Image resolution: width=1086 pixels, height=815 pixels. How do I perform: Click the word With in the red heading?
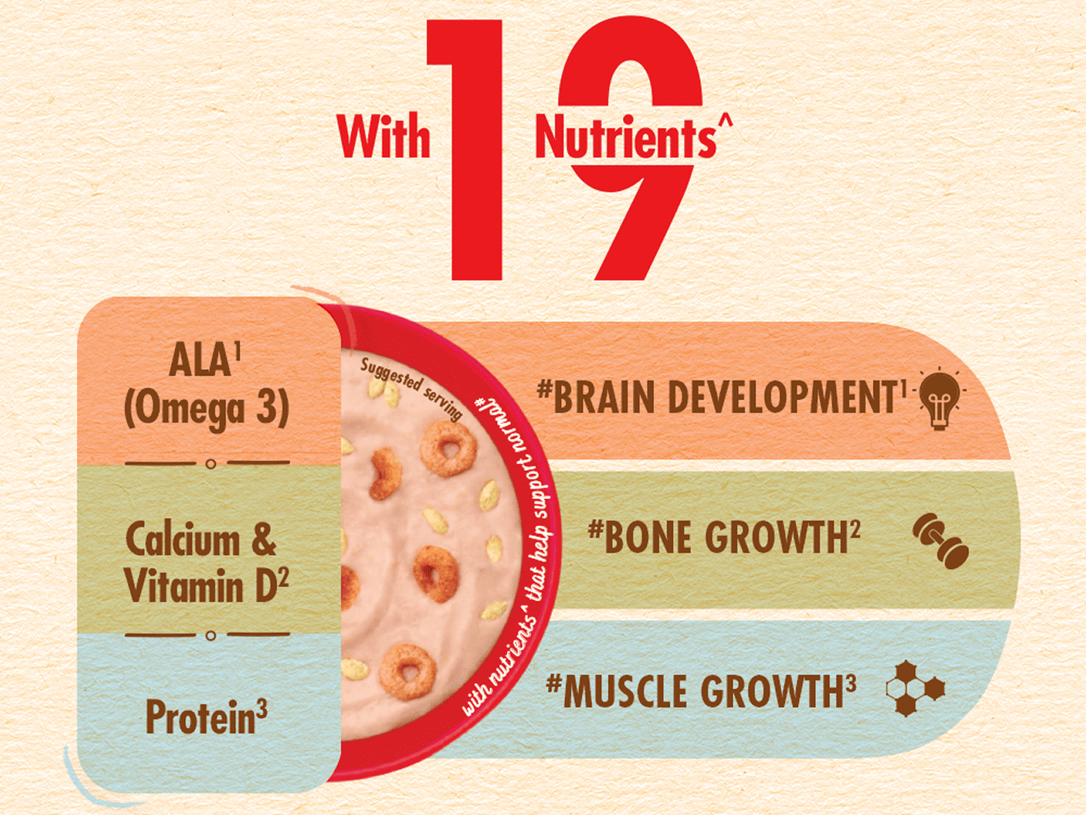pyautogui.click(x=383, y=137)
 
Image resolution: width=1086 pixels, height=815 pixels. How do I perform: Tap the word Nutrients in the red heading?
pyautogui.click(x=625, y=138)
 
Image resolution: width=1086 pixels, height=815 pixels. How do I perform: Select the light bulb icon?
pyautogui.click(x=939, y=398)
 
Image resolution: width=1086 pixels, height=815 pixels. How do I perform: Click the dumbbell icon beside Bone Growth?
pyautogui.click(x=940, y=541)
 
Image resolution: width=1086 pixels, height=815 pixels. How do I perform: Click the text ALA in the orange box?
pyautogui.click(x=200, y=361)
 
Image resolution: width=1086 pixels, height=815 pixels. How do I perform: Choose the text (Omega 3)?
pyautogui.click(x=207, y=409)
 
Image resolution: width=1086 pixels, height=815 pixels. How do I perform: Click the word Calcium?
pyautogui.click(x=183, y=541)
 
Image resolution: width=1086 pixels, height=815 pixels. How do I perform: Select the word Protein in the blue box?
pyautogui.click(x=200, y=717)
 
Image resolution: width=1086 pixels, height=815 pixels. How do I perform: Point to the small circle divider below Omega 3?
pyautogui.click(x=211, y=464)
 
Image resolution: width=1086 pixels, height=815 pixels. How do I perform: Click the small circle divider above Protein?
pyautogui.click(x=211, y=636)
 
